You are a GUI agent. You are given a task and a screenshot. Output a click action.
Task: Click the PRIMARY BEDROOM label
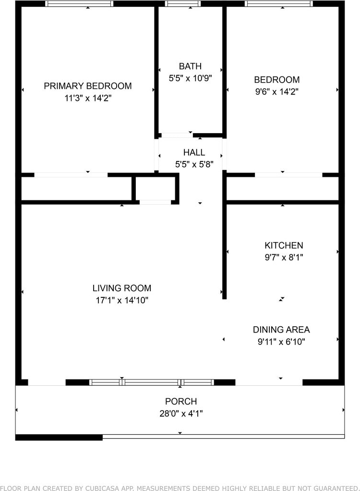(87, 86)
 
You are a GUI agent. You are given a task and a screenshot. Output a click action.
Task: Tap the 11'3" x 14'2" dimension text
(88, 98)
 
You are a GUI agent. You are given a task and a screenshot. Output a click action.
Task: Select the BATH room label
(190, 66)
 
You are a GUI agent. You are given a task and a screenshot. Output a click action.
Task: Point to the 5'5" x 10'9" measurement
(190, 78)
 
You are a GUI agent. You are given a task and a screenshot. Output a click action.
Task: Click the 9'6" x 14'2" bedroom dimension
(277, 92)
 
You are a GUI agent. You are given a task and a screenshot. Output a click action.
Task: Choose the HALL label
(194, 152)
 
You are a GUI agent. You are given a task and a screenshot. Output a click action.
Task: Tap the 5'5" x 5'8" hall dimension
(194, 164)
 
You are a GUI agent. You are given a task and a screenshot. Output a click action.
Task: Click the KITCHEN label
(284, 245)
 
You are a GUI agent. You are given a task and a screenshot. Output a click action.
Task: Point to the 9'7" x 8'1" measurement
(284, 258)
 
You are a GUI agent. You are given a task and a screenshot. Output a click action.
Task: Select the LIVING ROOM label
(121, 288)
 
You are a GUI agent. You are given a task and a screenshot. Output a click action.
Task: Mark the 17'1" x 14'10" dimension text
(121, 300)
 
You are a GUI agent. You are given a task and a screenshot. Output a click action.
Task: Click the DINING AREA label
(281, 330)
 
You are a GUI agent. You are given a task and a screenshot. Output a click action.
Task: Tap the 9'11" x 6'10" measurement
(281, 342)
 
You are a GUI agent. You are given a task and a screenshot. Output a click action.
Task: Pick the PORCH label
(181, 402)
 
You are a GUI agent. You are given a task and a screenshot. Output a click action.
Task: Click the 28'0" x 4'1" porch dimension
(181, 414)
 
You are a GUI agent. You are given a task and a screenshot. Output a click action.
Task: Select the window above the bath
(183, 3)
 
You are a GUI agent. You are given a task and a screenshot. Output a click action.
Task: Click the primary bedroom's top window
(79, 3)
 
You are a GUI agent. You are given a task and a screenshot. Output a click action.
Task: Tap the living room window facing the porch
(152, 382)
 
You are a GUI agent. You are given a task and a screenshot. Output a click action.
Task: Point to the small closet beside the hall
(155, 188)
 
